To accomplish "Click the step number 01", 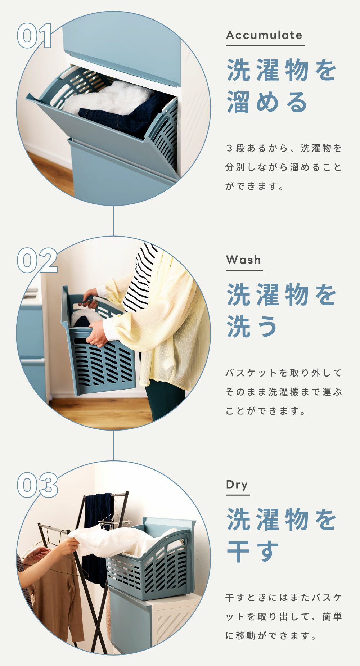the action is coord(35,36).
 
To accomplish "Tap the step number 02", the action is coord(37,260).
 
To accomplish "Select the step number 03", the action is coord(37,485).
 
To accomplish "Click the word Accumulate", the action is coord(264,35).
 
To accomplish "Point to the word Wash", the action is coord(244,260).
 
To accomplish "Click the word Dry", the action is coord(237,485).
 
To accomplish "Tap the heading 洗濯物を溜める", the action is coord(282,86).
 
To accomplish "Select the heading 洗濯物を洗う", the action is coord(282,311).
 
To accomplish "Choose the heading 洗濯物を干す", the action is coord(282,535).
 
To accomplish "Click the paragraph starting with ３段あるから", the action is coord(284,167).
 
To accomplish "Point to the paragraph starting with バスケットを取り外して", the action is coord(284,392).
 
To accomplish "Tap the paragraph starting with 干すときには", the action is coord(284,617).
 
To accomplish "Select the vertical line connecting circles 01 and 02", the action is coord(113,221).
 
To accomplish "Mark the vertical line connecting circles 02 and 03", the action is coord(113,446).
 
